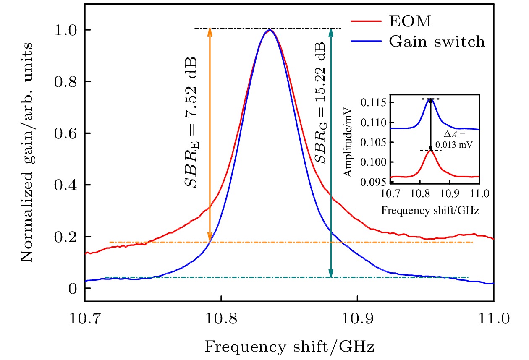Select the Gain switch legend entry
(437, 42)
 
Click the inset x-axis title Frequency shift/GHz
(430, 211)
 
